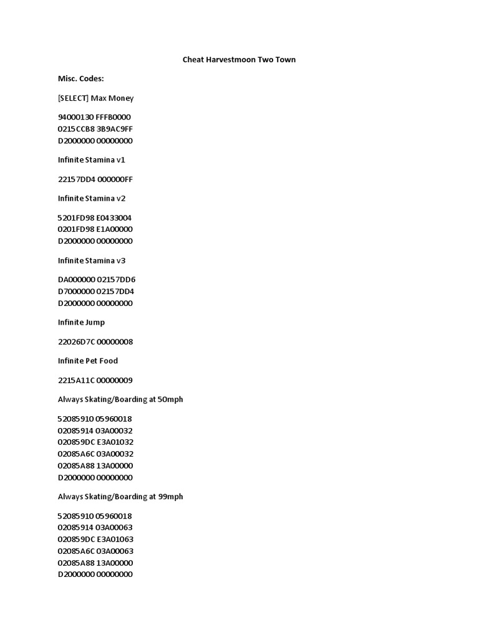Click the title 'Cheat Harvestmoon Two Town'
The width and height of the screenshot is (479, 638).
239,60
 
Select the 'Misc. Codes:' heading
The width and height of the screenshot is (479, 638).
81,79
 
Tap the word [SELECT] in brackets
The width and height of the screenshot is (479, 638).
73,98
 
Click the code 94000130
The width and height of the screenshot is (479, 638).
75,117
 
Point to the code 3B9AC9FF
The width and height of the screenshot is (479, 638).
115,129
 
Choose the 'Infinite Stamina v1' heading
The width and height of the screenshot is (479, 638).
92,159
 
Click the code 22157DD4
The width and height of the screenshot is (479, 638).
76,179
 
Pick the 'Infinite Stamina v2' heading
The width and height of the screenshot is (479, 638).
92,198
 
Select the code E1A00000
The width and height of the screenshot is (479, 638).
115,229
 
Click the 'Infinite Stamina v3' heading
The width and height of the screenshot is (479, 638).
92,260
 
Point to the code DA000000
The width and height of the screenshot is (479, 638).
76,280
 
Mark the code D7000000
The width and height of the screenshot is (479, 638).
76,291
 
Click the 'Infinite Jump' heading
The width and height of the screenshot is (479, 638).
82,322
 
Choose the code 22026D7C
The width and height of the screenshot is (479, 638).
76,342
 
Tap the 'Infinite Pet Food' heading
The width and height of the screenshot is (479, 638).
88,361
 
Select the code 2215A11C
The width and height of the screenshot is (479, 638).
76,381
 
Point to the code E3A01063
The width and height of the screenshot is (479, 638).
115,539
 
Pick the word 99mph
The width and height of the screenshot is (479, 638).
171,497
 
